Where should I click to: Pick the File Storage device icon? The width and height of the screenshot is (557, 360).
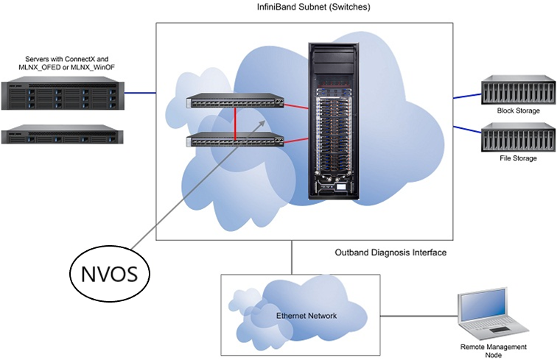tap(516, 137)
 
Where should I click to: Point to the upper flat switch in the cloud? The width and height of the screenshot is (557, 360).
tap(234, 103)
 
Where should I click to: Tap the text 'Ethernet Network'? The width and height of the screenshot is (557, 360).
tap(306, 316)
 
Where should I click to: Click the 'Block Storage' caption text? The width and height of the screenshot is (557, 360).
tap(518, 111)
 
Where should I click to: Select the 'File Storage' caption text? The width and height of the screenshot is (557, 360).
tap(516, 158)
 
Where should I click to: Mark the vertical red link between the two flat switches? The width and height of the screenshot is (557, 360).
tap(235, 122)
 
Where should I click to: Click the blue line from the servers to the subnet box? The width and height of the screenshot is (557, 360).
tap(140, 93)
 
